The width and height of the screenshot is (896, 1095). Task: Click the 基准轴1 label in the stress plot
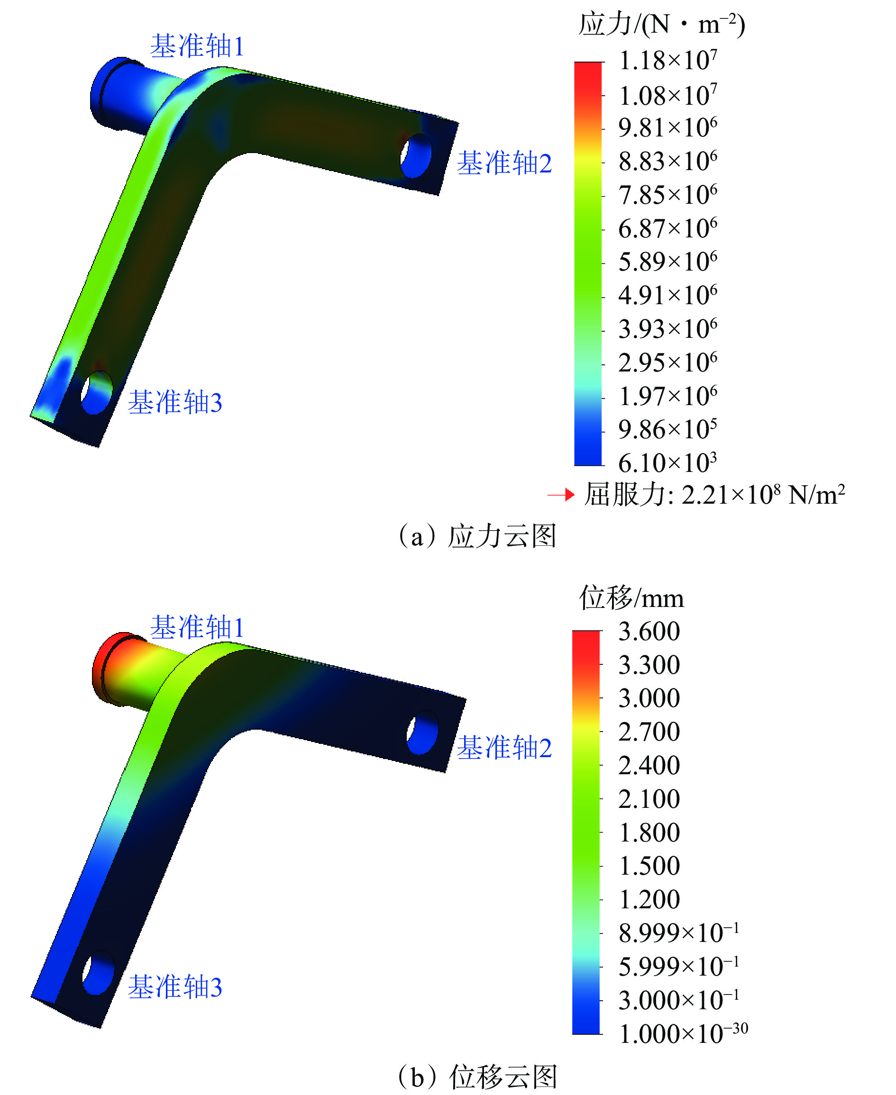click(x=197, y=46)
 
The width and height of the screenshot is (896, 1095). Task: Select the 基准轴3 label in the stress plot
click(x=175, y=402)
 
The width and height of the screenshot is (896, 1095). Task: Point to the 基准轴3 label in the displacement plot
click(x=175, y=988)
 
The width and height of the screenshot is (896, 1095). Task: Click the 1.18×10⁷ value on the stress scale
click(x=667, y=60)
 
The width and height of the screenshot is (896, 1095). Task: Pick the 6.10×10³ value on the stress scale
click(x=667, y=462)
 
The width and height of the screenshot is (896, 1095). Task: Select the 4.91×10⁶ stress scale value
click(x=667, y=295)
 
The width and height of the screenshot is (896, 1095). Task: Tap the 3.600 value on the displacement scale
click(x=649, y=631)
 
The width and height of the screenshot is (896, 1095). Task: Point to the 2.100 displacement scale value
click(x=649, y=799)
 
